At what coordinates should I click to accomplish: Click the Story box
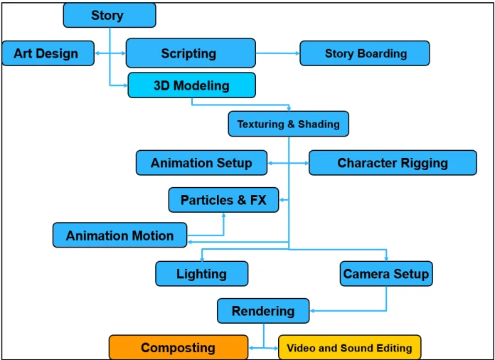[109, 15]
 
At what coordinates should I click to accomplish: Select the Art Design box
[48, 53]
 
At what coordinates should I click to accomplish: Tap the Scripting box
[190, 53]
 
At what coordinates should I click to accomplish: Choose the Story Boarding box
[364, 53]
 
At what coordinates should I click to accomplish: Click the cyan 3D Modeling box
[191, 85]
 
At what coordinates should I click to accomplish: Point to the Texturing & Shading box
[288, 124]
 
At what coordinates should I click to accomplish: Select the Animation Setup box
[201, 163]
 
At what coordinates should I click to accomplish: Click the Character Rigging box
[392, 163]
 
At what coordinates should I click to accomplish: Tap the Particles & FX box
[223, 200]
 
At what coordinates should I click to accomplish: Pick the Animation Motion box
[119, 235]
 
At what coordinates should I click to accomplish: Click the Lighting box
[201, 274]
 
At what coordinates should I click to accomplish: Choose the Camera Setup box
[385, 274]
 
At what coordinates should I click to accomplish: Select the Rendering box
[263, 311]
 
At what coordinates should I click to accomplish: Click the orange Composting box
[178, 348]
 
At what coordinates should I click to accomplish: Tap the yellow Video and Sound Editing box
[349, 348]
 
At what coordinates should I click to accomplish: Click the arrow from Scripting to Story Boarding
[277, 53]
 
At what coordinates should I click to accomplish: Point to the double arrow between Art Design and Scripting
[110, 53]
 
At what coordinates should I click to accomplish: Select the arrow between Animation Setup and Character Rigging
[288, 163]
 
